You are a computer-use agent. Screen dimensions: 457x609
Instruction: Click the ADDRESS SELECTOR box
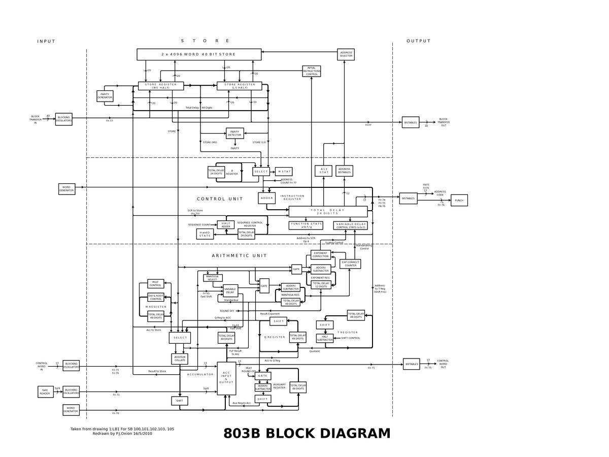pos(346,54)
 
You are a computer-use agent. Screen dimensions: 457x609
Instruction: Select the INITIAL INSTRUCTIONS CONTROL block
pos(312,71)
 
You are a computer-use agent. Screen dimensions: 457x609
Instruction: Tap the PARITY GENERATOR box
pos(105,96)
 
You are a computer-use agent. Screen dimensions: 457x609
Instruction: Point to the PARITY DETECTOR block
pos(234,133)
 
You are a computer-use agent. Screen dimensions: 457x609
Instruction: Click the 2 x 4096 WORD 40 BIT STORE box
pos(199,54)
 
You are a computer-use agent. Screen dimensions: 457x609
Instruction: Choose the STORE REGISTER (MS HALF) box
pos(161,86)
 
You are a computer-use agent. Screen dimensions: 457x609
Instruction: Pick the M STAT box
pos(284,172)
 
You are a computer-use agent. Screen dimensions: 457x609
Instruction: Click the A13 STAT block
pos(324,171)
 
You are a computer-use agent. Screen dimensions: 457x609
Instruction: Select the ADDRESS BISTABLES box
pos(344,171)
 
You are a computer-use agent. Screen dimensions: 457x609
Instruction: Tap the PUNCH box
pos(459,200)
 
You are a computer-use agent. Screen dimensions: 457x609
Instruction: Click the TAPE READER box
pos(45,391)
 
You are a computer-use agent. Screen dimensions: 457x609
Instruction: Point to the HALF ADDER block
pos(226,225)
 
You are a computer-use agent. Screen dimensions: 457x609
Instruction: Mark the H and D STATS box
pos(205,234)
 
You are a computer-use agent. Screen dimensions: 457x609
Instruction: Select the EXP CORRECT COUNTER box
pos(350,264)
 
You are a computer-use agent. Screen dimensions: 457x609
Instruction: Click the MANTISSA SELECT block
pos(213,278)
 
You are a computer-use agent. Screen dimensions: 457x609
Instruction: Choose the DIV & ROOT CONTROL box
pos(156,297)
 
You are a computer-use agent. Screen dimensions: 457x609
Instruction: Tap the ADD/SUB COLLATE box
pos(180,359)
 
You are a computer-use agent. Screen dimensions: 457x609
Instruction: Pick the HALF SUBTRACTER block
pos(325,338)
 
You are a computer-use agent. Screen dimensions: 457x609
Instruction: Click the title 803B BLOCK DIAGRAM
pos(307,434)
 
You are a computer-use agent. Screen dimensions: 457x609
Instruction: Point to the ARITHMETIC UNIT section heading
pos(239,255)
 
